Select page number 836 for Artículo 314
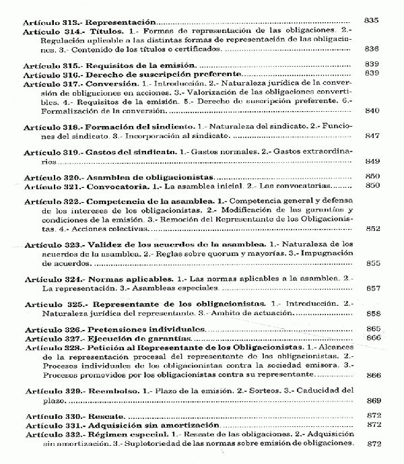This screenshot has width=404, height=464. pyautogui.click(x=373, y=49)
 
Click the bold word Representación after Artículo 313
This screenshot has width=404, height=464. pyautogui.click(x=121, y=22)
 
